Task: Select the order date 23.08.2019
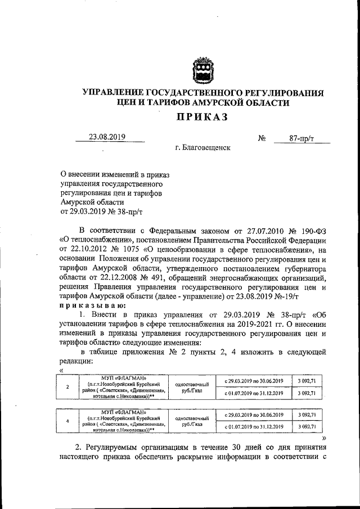pyautogui.click(x=107, y=137)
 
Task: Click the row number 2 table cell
pyautogui.click(x=67, y=388)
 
